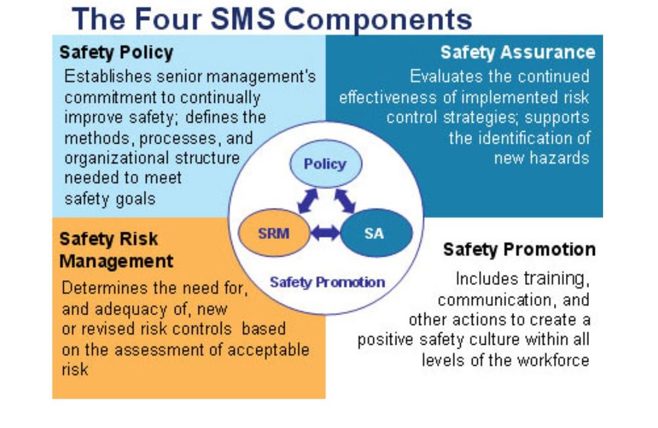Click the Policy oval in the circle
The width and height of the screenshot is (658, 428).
325,164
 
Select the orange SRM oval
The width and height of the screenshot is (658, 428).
274,233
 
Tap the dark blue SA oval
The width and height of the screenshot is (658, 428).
376,233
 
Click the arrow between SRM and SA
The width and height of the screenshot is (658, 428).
325,233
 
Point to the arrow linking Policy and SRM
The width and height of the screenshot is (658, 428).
308,201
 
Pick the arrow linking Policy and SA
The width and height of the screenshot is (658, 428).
345,201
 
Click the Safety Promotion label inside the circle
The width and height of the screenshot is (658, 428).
327,282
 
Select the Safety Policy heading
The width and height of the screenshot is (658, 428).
116,53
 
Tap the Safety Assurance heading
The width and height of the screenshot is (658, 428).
518,53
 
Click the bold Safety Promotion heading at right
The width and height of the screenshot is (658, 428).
520,249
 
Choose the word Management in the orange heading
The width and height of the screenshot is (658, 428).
116,261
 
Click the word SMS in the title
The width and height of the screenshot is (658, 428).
243,20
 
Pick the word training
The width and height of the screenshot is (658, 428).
557,279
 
